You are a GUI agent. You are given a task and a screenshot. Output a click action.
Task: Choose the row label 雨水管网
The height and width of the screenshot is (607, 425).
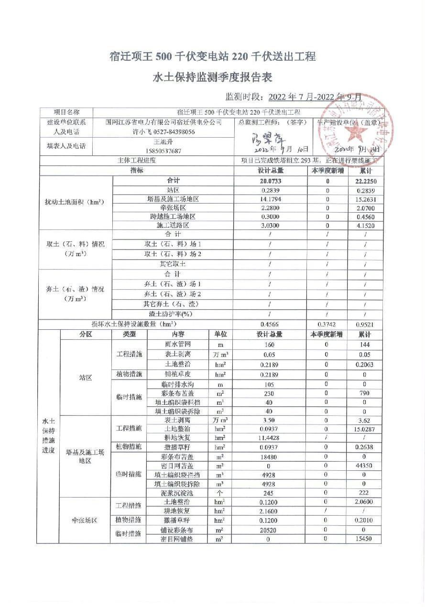click(x=177, y=345)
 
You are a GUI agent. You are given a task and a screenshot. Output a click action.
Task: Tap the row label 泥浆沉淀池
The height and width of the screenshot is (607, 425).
click(x=177, y=493)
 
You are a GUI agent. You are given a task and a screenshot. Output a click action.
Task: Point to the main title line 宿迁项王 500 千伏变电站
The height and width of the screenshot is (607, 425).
click(x=212, y=56)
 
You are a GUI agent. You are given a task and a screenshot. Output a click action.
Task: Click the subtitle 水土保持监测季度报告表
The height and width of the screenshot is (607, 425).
click(x=212, y=77)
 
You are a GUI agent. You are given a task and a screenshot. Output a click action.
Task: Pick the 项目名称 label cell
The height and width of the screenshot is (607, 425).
click(x=66, y=112)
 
